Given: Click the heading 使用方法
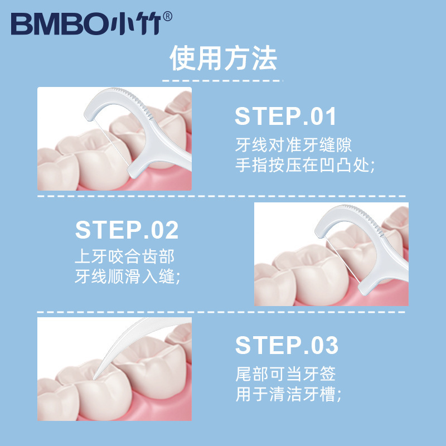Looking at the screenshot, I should (x=223, y=59).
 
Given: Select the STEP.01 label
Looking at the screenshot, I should (x=286, y=117).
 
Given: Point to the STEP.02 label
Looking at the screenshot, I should (x=127, y=230).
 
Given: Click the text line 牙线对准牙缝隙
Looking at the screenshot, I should (x=293, y=146).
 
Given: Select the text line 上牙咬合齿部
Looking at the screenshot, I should (x=125, y=256).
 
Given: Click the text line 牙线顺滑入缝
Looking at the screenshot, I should (x=128, y=277).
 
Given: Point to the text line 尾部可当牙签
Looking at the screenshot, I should (x=285, y=374).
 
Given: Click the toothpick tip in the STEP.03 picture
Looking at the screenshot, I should (x=99, y=371).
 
